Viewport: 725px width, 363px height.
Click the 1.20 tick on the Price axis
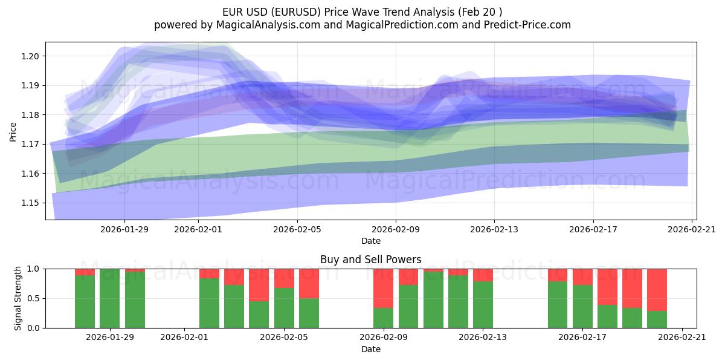pyautogui.click(x=31, y=56)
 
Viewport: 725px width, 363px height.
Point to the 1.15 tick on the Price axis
pyautogui.click(x=31, y=203)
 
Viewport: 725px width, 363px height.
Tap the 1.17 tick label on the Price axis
pyautogui.click(x=31, y=144)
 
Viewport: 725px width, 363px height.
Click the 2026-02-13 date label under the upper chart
pyautogui.click(x=494, y=229)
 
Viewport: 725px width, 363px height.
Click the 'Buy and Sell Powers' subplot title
pyautogui.click(x=370, y=260)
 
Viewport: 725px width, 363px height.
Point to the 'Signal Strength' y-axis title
pyautogui.click(x=18, y=298)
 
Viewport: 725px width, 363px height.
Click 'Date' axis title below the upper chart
pyautogui.click(x=370, y=241)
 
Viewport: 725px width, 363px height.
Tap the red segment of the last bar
pyautogui.click(x=657, y=289)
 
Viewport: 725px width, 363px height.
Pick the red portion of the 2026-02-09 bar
pyautogui.click(x=384, y=288)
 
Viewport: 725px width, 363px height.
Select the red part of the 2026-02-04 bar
pyautogui.click(x=259, y=284)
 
